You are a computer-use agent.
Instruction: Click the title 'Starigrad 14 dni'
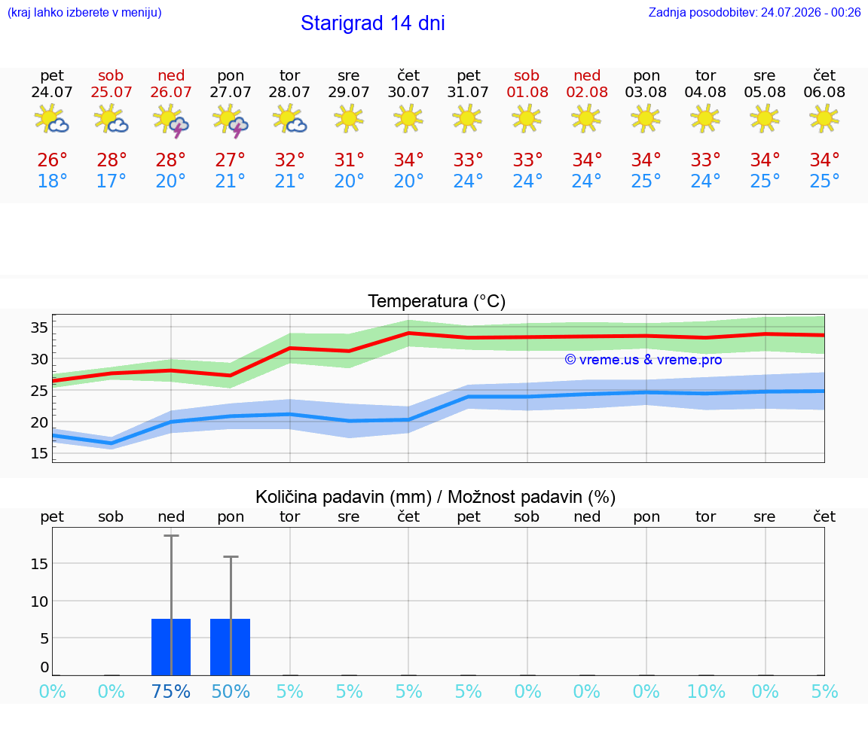tap(372, 23)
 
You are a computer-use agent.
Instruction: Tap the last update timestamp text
tap(754, 12)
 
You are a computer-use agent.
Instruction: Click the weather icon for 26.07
tap(171, 120)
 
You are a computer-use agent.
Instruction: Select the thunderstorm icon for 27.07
tap(231, 120)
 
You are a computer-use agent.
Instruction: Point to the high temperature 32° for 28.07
tap(289, 160)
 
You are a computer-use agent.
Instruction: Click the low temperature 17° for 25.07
tap(112, 181)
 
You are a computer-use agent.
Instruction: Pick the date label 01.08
tap(527, 92)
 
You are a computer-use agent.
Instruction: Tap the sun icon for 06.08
tap(824, 117)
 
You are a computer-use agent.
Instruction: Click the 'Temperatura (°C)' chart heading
tap(437, 301)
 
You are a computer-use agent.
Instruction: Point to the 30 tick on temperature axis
tap(39, 359)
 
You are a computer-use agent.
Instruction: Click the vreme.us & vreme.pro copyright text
tap(643, 360)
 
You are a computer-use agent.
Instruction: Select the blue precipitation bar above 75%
tap(171, 647)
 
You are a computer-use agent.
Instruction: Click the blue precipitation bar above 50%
tap(231, 647)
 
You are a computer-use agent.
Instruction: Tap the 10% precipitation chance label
tap(706, 691)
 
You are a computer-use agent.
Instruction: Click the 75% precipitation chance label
tap(171, 691)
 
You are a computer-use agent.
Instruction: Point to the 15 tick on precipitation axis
tap(39, 564)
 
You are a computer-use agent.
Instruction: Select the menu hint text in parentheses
tap(84, 12)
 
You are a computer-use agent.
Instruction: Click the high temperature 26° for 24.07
tap(52, 160)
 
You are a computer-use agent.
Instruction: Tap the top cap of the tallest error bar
tap(171, 535)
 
